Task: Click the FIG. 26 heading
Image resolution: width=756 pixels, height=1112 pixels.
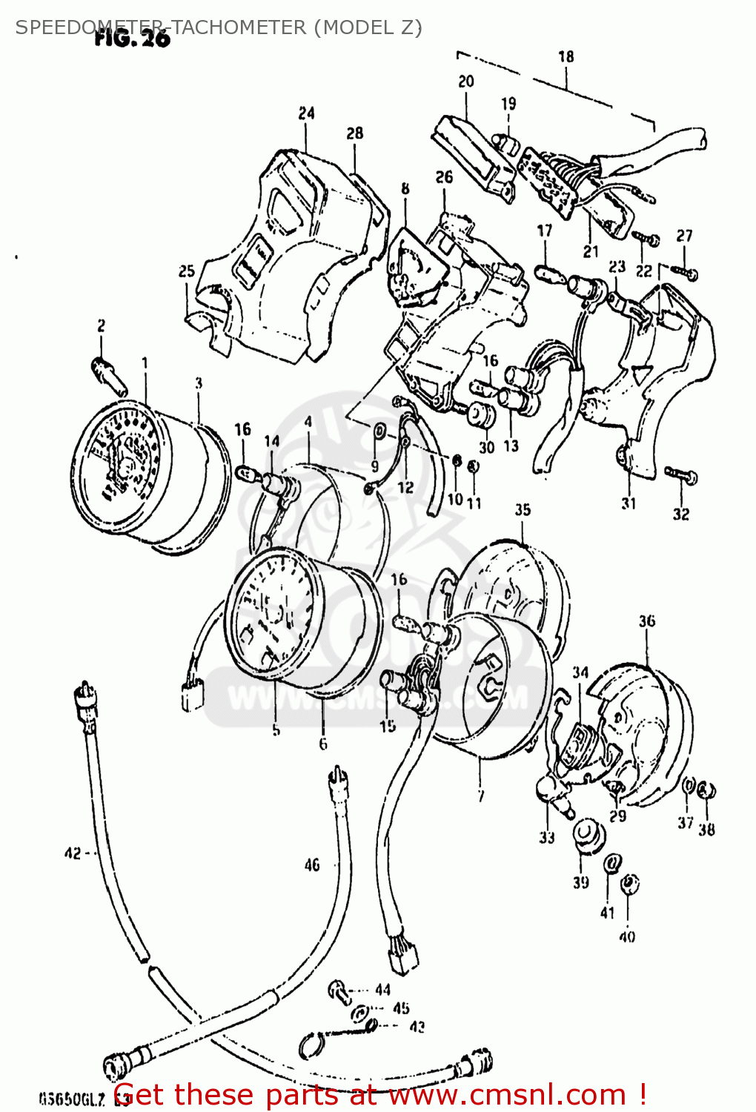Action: tap(132, 39)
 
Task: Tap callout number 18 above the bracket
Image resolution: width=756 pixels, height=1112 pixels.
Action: tap(566, 56)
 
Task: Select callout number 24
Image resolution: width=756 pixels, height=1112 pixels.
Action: tap(306, 113)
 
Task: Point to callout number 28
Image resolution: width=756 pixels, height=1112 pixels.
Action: tap(355, 133)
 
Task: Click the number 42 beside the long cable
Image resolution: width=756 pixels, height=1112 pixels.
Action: tap(73, 853)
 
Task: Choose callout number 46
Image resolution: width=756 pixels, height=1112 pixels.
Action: tap(312, 864)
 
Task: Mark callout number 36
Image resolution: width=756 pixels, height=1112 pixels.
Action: tap(646, 620)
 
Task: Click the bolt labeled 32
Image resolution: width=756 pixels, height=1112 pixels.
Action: tap(680, 475)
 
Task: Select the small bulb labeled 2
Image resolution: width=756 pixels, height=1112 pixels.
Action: tap(108, 374)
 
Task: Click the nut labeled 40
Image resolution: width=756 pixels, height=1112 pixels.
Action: tap(629, 884)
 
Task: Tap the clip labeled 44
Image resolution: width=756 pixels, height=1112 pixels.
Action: tap(340, 990)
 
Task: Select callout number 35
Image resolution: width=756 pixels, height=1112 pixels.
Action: tap(523, 509)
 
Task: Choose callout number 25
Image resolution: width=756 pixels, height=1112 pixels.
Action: tap(186, 271)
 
